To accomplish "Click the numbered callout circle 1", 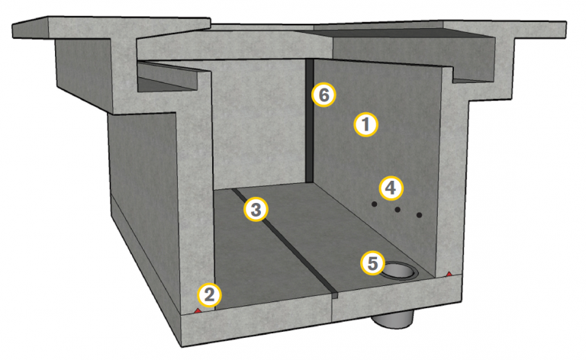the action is click(x=366, y=124).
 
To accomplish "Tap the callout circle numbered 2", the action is click(x=209, y=295).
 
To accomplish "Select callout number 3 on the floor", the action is click(x=256, y=210).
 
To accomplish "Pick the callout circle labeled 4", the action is click(x=391, y=188).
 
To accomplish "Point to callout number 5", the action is click(x=372, y=263).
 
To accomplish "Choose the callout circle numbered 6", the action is click(x=324, y=95).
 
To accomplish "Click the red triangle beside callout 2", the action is click(x=198, y=310).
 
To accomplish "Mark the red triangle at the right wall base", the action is click(x=449, y=274).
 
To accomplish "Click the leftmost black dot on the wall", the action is click(x=374, y=204).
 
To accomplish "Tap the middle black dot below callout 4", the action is click(x=398, y=210).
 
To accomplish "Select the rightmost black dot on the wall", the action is click(x=420, y=215).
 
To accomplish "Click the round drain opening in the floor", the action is click(x=399, y=270).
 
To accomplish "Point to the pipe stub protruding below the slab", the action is click(x=393, y=321).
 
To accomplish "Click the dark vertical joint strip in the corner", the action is click(x=310, y=121).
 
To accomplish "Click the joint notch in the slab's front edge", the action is click(x=335, y=295).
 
